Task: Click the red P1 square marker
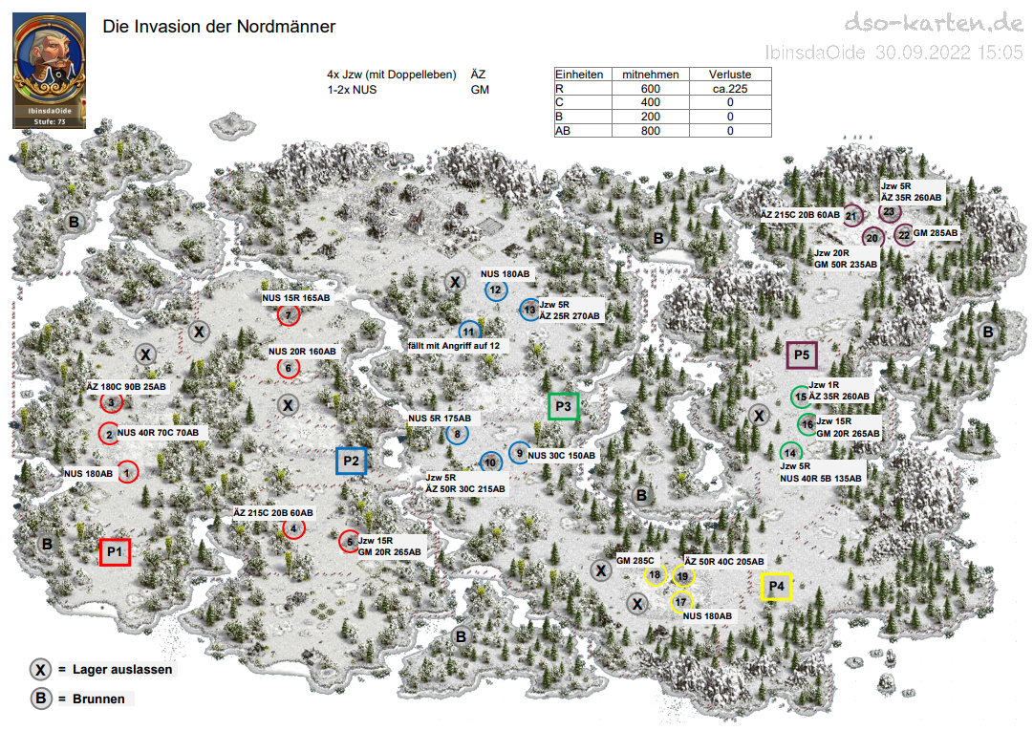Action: pyautogui.click(x=115, y=551)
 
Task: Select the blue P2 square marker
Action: pyautogui.click(x=351, y=461)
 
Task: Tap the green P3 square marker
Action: pyautogui.click(x=564, y=406)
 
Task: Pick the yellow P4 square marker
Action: pyautogui.click(x=776, y=585)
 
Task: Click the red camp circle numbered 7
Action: pyautogui.click(x=288, y=316)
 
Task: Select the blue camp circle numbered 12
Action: pyautogui.click(x=495, y=290)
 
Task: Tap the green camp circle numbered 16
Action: pyautogui.click(x=807, y=424)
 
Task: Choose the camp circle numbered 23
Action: pyautogui.click(x=889, y=211)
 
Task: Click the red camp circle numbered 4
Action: pyautogui.click(x=293, y=527)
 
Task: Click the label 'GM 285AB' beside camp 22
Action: pyautogui.click(x=936, y=233)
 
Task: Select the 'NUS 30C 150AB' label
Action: pyautogui.click(x=561, y=456)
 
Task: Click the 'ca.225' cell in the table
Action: pyautogui.click(x=729, y=89)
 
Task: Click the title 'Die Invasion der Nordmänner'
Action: pyautogui.click(x=219, y=27)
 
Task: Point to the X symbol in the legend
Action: pyautogui.click(x=41, y=670)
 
